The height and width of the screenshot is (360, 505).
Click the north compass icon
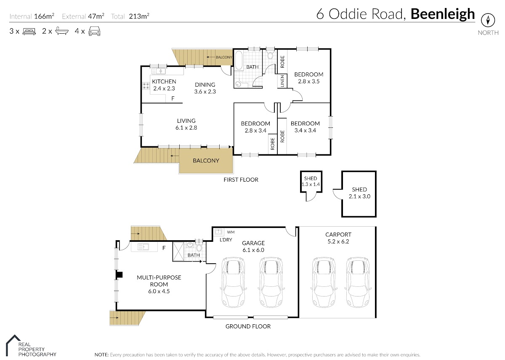(488, 20)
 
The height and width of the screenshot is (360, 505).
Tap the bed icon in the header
(29, 31)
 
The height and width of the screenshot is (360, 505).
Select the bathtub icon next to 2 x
(62, 31)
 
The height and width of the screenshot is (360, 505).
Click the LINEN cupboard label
(282, 81)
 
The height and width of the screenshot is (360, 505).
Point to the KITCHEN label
(164, 81)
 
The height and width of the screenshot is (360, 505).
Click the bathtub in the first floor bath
(239, 61)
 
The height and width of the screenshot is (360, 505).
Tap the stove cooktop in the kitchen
(146, 86)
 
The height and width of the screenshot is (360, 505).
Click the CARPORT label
(338, 235)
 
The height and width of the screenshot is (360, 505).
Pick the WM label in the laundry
(231, 232)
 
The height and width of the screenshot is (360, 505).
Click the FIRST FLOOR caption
(241, 180)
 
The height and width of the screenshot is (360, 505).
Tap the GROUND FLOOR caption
(248, 326)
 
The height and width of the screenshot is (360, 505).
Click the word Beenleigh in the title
(443, 14)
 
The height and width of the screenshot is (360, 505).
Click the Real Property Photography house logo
(13, 345)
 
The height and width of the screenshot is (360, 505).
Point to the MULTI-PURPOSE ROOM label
(159, 281)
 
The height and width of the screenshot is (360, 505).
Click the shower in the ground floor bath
(178, 251)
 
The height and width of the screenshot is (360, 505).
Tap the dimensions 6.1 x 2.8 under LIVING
(186, 128)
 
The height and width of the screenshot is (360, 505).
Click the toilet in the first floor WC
(270, 55)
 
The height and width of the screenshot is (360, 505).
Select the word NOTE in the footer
(102, 355)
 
